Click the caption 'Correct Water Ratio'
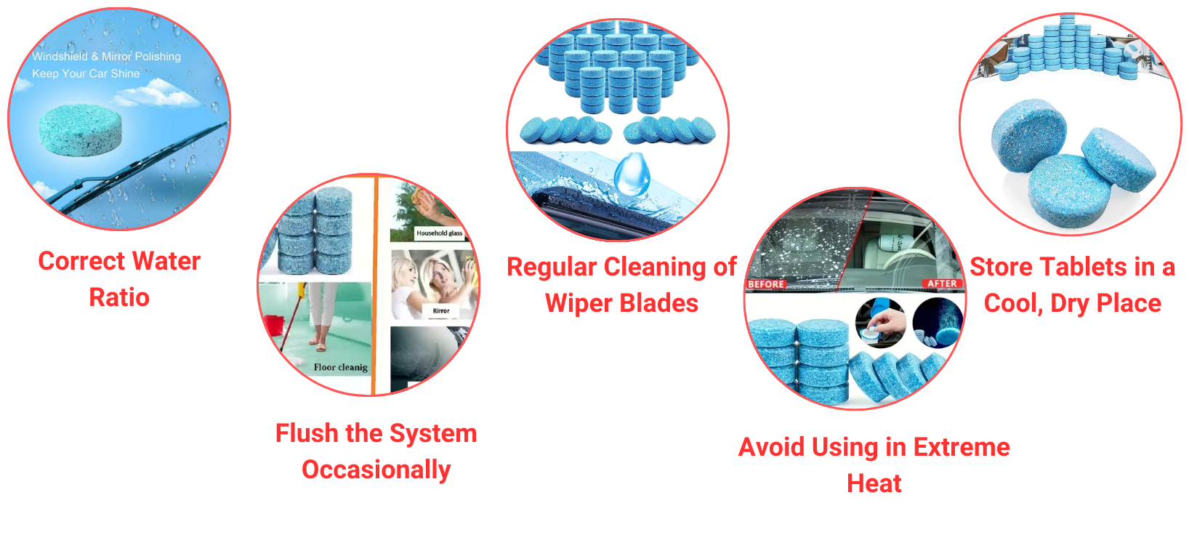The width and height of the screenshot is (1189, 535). [x=119, y=279]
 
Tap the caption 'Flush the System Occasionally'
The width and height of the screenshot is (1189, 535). [x=376, y=451]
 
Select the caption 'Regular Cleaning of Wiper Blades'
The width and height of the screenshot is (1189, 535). [x=621, y=285]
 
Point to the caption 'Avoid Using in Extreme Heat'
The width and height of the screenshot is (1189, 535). [x=874, y=465]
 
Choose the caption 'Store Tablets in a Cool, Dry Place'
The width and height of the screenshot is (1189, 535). [x=1072, y=285]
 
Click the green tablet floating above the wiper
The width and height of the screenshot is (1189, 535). [x=80, y=130]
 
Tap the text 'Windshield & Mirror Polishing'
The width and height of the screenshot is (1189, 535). [x=106, y=56]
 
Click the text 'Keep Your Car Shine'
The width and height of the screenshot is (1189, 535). [x=86, y=73]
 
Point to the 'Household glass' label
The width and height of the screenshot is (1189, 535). [x=440, y=233]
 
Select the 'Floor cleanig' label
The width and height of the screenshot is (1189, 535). [x=340, y=367]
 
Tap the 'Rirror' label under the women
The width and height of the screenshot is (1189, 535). [x=441, y=311]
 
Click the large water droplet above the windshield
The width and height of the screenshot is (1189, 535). [x=632, y=174]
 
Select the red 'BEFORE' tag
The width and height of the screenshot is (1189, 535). [x=766, y=284]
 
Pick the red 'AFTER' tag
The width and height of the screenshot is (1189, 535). [x=942, y=283]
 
